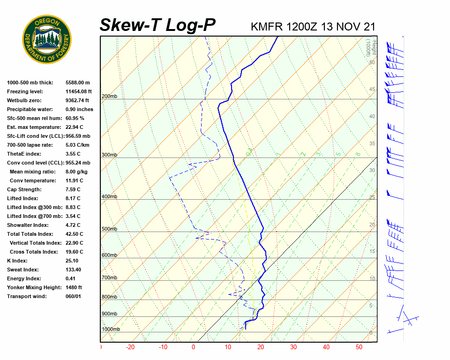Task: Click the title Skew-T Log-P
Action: (x=157, y=25)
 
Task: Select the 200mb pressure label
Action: (x=109, y=96)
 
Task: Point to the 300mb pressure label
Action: (x=109, y=155)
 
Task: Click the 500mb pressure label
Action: (x=109, y=229)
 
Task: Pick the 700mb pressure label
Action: (x=109, y=278)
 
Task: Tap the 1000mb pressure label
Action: (x=111, y=329)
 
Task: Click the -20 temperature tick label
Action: (x=130, y=347)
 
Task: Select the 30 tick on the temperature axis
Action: (x=293, y=347)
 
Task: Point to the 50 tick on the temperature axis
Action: (x=359, y=347)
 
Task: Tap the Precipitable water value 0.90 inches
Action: (x=79, y=109)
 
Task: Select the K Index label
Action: (x=17, y=261)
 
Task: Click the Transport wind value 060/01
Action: (x=74, y=296)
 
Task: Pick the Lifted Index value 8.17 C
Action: (x=73, y=198)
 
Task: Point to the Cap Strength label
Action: (x=24, y=189)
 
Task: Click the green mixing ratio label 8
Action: (x=358, y=154)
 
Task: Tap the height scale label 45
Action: (x=372, y=89)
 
